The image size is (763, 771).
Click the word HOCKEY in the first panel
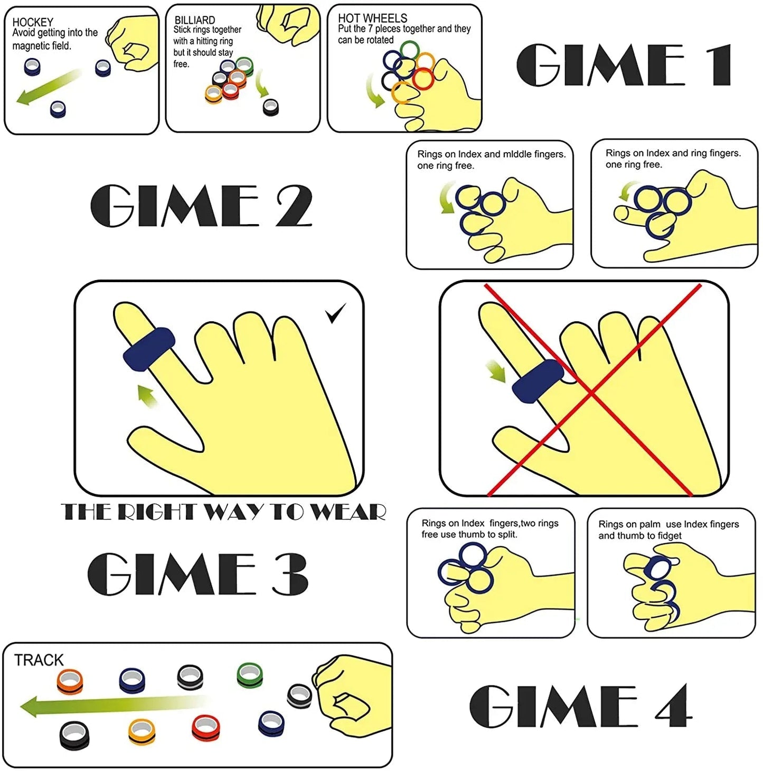tap(33, 22)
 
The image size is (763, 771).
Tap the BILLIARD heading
tap(194, 20)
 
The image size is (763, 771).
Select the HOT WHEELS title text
tap(372, 18)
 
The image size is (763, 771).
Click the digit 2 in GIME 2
tap(294, 206)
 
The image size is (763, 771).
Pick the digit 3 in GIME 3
tap(290, 574)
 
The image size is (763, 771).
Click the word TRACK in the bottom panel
tap(39, 660)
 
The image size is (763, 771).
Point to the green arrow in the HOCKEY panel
tap(48, 88)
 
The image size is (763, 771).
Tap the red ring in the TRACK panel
tap(205, 728)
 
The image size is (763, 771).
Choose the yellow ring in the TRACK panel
tap(142, 731)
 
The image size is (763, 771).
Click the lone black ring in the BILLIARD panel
tap(271, 107)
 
